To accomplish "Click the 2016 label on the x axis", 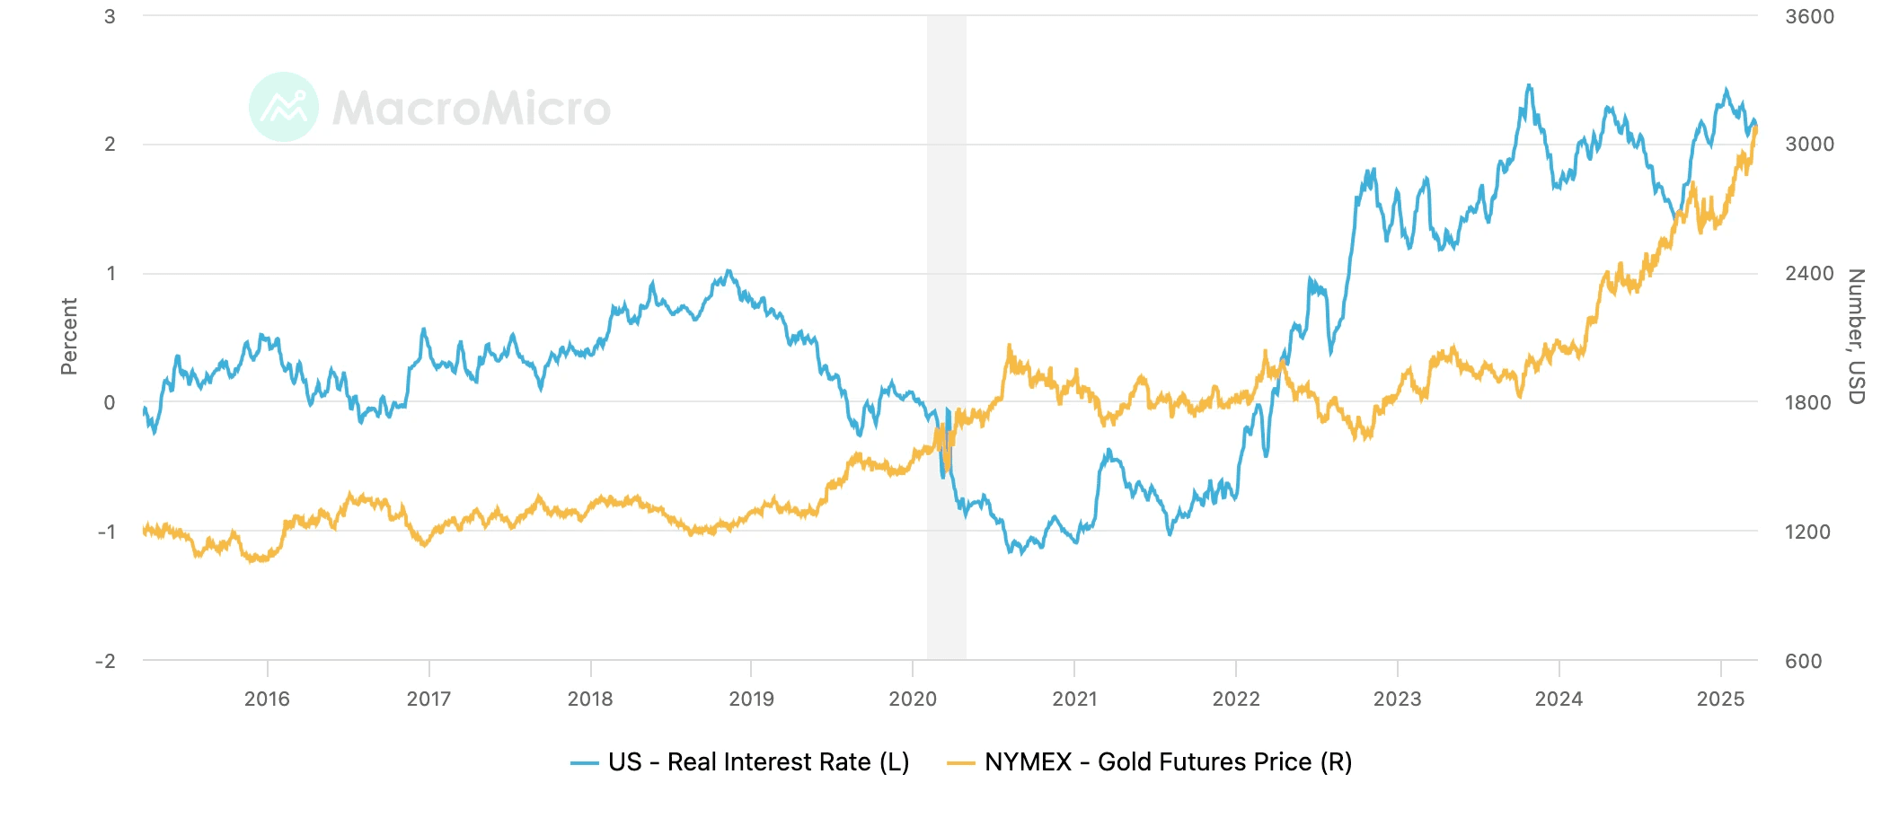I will pyautogui.click(x=267, y=699).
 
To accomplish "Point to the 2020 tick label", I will pyautogui.click(x=913, y=699).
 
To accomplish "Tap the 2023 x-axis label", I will pyautogui.click(x=1397, y=699).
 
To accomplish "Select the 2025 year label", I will pyautogui.click(x=1720, y=699).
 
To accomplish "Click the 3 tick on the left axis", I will pyautogui.click(x=110, y=16).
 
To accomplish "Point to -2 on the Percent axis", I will pyautogui.click(x=106, y=661).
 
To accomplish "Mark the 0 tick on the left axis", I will pyautogui.click(x=110, y=402).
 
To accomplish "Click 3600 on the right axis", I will pyautogui.click(x=1809, y=16).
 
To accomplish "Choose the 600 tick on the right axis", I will pyautogui.click(x=1803, y=661).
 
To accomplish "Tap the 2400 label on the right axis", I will pyautogui.click(x=1808, y=273).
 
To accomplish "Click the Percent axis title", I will pyautogui.click(x=69, y=337).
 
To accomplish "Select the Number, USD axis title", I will pyautogui.click(x=1856, y=337).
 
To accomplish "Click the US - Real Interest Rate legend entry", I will pyautogui.click(x=758, y=762).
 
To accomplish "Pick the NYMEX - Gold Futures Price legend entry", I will pyautogui.click(x=1168, y=762).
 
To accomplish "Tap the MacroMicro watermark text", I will pyautogui.click(x=472, y=109).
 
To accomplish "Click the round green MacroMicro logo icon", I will pyautogui.click(x=284, y=107).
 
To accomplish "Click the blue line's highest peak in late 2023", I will pyautogui.click(x=1529, y=86).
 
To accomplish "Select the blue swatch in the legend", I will pyautogui.click(x=585, y=763).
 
